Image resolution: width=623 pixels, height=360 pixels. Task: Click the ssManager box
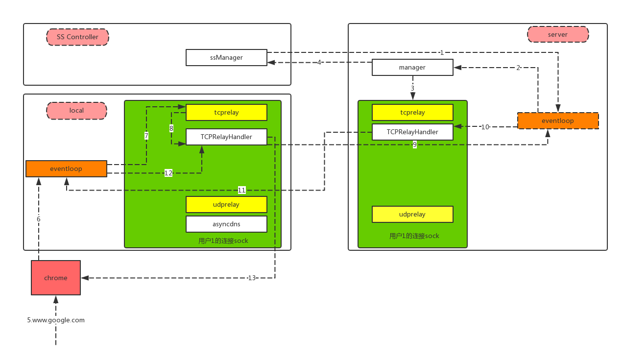226,57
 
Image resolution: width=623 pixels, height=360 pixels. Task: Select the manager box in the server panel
412,67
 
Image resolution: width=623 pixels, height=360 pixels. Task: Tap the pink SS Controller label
77,37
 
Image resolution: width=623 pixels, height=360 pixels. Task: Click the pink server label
558,34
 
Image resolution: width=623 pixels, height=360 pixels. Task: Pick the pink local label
76,111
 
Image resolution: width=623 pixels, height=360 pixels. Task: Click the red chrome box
56,278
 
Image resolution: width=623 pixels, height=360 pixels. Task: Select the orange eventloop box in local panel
66,168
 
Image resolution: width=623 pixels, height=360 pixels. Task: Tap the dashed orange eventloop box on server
558,120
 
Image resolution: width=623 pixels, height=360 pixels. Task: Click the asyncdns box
226,224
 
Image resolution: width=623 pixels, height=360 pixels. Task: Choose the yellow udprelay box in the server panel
412,214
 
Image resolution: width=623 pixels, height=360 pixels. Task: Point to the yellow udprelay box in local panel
226,204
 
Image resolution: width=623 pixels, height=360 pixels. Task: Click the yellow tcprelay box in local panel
226,112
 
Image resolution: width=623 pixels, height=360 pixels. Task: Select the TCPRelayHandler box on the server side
412,132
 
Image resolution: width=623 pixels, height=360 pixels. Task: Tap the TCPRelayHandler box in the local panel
226,137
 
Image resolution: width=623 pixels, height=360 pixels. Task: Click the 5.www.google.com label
56,320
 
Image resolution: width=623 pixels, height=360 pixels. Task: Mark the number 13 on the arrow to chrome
252,278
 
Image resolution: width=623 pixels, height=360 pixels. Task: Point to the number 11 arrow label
241,190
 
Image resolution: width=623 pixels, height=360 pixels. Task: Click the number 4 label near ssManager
319,62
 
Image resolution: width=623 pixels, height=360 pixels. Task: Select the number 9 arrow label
415,144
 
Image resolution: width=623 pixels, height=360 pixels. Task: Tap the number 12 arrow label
168,173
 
